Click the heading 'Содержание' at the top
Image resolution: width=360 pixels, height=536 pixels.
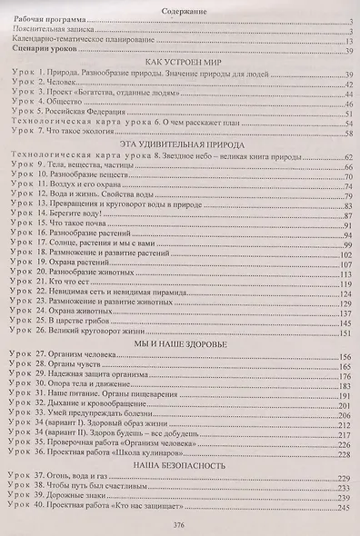tap(180, 9)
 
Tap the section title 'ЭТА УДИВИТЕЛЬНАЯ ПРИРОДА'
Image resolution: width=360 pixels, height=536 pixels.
tap(181, 143)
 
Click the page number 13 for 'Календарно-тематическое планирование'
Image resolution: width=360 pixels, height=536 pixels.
tap(347, 40)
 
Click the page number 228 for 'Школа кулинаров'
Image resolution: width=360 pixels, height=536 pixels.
tap(345, 451)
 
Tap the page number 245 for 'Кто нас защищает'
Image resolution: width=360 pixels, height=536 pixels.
tap(345, 508)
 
